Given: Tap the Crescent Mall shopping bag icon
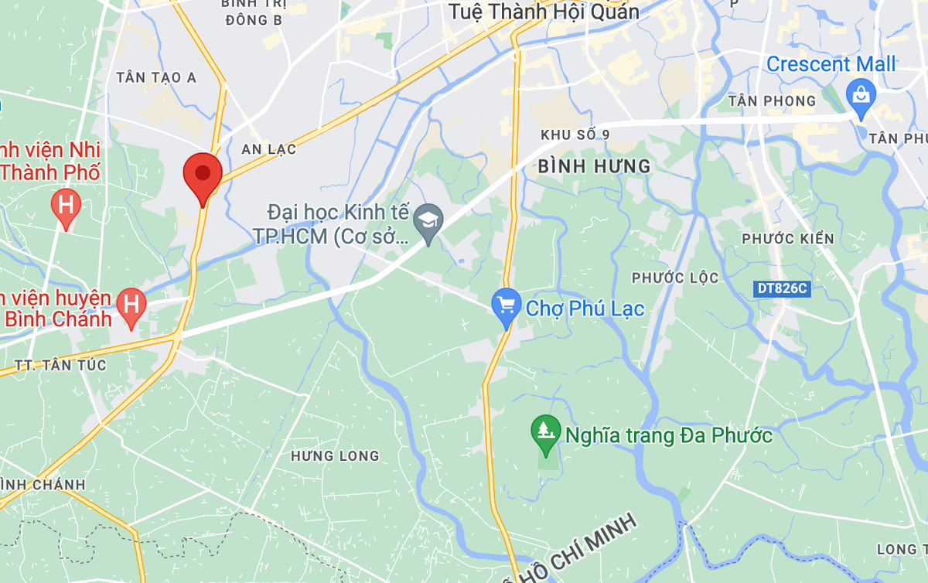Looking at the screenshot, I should point(860,96).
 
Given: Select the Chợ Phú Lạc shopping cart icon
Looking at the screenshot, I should point(507,305).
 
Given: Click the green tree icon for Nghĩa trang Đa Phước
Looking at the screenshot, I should point(546,431).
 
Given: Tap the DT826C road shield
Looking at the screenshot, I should point(782,288).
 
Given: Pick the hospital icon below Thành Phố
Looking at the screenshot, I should point(66,206).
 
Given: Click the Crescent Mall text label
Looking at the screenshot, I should point(831,64).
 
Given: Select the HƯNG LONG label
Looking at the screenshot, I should point(335,455).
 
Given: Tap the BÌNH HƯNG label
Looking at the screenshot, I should point(594,165).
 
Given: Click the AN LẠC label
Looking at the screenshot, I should point(268,148).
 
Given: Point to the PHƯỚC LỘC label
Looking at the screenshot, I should point(675,278).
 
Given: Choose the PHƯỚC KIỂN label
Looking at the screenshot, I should point(788,238).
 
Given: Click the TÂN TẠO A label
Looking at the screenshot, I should point(155,77).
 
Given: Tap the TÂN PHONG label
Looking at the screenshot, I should point(783,101).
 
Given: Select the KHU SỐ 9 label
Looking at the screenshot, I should point(575,135).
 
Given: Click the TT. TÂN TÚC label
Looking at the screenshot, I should point(60,364).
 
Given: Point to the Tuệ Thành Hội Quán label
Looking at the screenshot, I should point(544,11).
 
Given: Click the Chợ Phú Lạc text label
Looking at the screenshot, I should point(585,309).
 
